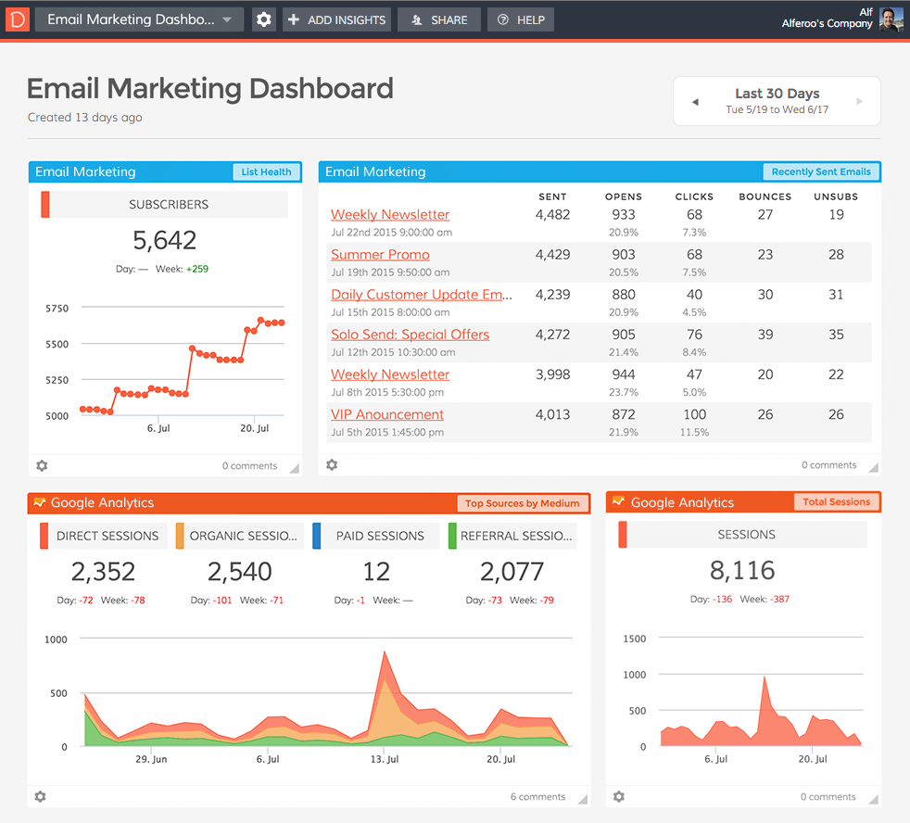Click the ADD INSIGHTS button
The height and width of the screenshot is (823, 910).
pyautogui.click(x=336, y=19)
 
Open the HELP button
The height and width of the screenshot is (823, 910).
pyautogui.click(x=521, y=19)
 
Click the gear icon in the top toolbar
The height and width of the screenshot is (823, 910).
pyautogui.click(x=264, y=19)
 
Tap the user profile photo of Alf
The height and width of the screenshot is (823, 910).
pyautogui.click(x=891, y=19)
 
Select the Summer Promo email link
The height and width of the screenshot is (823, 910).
pyautogui.click(x=380, y=255)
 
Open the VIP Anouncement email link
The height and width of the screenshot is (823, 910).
pyautogui.click(x=387, y=415)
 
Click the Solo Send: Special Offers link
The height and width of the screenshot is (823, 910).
pyautogui.click(x=410, y=335)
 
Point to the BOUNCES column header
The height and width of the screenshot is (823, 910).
pyautogui.click(x=765, y=196)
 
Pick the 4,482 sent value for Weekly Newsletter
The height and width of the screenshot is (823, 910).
pyautogui.click(x=552, y=215)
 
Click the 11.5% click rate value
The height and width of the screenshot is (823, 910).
pyautogui.click(x=694, y=433)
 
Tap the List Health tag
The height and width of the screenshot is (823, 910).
pyautogui.click(x=266, y=171)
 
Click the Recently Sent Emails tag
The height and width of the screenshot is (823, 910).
pyautogui.click(x=820, y=171)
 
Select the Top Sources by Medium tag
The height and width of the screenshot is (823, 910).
pyautogui.click(x=522, y=503)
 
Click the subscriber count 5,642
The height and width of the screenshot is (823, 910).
pyautogui.click(x=165, y=241)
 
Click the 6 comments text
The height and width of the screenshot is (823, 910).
pyautogui.click(x=537, y=797)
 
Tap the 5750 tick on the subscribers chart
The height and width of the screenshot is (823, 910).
pyautogui.click(x=57, y=309)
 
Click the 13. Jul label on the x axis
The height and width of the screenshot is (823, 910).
pyautogui.click(x=384, y=759)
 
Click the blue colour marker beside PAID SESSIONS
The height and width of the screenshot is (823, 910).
pyautogui.click(x=317, y=536)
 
